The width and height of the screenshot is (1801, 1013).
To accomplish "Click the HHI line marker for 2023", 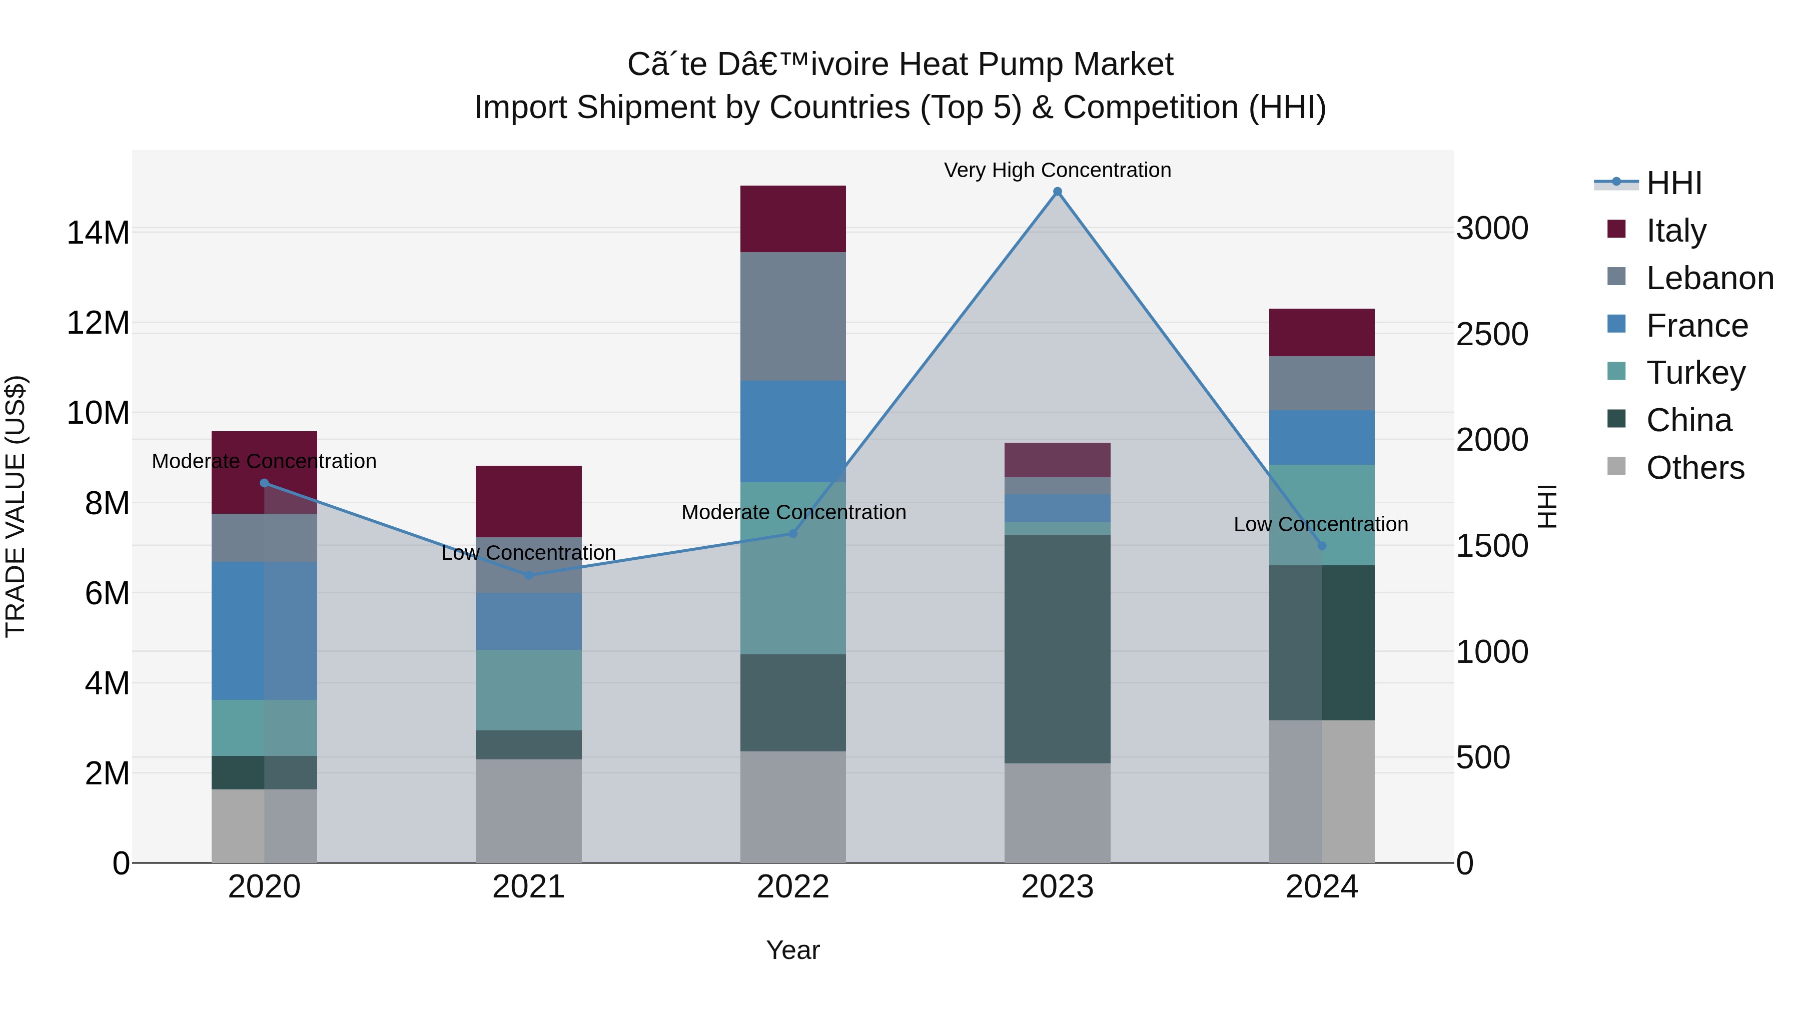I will pos(1057,192).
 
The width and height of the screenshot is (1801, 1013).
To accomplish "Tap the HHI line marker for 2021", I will pos(529,575).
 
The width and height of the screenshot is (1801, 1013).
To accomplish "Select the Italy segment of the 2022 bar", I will pos(793,219).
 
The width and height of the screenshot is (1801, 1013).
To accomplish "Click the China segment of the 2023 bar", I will pos(1057,649).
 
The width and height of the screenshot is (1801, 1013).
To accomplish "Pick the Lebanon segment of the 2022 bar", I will pos(793,316).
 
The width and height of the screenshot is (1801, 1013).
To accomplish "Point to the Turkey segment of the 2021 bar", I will pos(529,690).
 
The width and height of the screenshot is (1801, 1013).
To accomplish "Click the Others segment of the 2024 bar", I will pos(1321,791).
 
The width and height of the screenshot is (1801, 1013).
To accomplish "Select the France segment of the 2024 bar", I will pos(1321,438).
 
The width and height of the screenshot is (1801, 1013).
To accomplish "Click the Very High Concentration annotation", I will pos(1057,170).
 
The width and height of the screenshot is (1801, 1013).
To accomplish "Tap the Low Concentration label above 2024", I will pos(1320,524).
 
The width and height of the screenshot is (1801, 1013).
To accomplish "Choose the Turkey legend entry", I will pos(1695,373).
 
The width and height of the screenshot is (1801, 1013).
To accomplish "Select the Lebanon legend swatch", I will pos(1616,277).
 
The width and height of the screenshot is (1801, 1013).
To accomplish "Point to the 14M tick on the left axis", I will pos(98,233).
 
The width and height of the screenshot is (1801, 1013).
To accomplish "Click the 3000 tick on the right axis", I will pos(1492,229).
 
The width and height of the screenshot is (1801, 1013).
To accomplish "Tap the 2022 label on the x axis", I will pos(793,887).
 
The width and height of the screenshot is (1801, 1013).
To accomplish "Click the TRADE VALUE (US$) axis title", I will pos(16,506).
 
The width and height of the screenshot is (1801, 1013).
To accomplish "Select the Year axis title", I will pos(793,950).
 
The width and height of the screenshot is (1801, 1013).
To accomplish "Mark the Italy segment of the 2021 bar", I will pos(529,501).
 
